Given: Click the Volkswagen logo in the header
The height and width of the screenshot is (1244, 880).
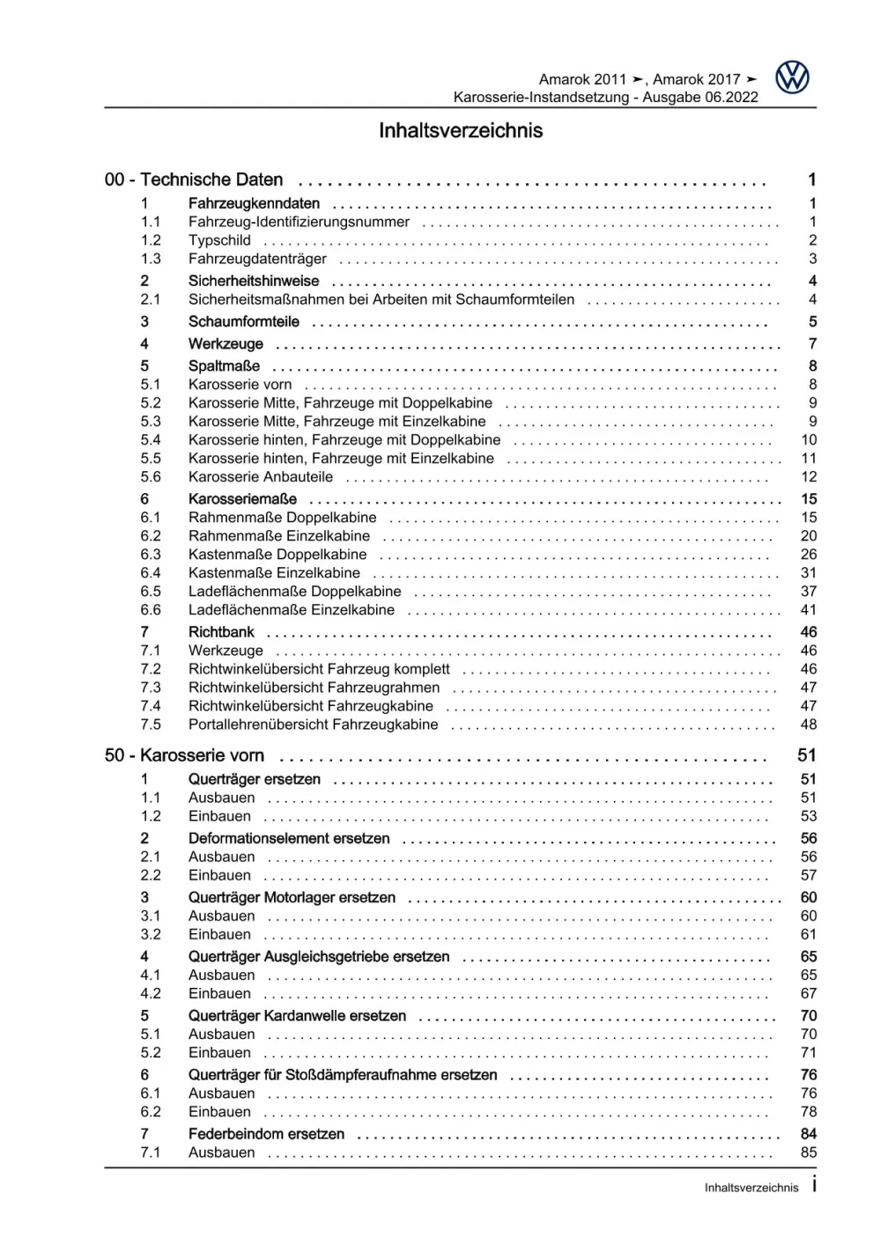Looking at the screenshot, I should pyautogui.click(x=792, y=78).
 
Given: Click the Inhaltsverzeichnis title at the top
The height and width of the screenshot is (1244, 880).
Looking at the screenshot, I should pyautogui.click(x=461, y=131).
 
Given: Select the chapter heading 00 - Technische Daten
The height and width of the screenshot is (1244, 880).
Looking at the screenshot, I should pyautogui.click(x=194, y=180).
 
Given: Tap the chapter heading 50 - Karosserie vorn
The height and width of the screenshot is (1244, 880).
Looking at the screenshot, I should pyautogui.click(x=184, y=755).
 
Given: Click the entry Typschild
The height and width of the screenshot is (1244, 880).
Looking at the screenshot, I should pyautogui.click(x=219, y=240).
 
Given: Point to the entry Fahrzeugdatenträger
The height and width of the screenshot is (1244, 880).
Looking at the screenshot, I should pyautogui.click(x=257, y=259).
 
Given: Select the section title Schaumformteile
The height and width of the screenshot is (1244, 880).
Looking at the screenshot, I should pyautogui.click(x=243, y=322).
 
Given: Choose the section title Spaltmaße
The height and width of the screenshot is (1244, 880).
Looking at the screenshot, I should pyautogui.click(x=224, y=366).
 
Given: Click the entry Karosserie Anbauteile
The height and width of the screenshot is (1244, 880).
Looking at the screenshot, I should pyautogui.click(x=261, y=477).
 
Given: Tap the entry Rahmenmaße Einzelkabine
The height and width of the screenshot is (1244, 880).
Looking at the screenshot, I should pyautogui.click(x=279, y=536).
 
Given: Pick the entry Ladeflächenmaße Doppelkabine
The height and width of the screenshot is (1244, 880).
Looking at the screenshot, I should pyautogui.click(x=294, y=592).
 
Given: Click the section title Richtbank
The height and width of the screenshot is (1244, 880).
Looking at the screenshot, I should pyautogui.click(x=221, y=632).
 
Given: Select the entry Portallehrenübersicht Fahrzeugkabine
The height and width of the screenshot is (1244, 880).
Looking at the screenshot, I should pyautogui.click(x=313, y=725).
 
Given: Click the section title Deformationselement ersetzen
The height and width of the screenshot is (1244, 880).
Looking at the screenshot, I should pyautogui.click(x=289, y=839).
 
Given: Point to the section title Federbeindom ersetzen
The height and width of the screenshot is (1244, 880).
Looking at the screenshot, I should pyautogui.click(x=266, y=1134).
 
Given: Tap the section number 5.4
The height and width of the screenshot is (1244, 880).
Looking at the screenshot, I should pyautogui.click(x=151, y=440).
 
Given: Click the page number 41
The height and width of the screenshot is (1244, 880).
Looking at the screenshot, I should pyautogui.click(x=809, y=610).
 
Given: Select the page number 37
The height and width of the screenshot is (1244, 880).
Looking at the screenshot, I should pyautogui.click(x=809, y=592).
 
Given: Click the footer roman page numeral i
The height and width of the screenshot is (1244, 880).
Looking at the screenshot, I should pyautogui.click(x=814, y=1185).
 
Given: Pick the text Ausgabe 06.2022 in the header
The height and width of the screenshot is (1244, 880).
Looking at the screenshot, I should pyautogui.click(x=700, y=98).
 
